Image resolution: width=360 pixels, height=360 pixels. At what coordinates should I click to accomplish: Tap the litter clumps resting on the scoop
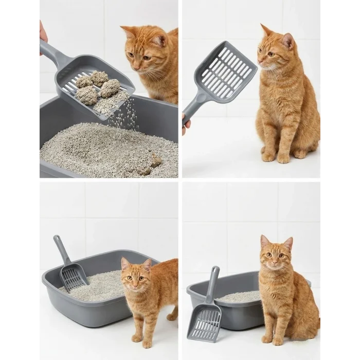(97, 86)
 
